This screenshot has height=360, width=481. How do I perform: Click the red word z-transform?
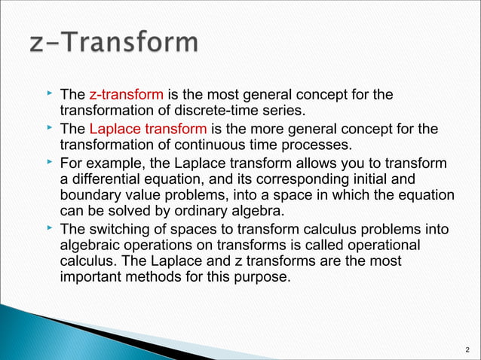point(126,95)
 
